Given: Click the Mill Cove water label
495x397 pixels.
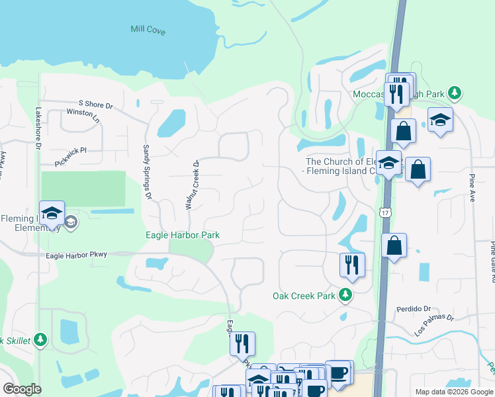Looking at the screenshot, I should click(x=148, y=30).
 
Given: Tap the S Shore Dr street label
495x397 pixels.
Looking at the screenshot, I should click(x=96, y=105).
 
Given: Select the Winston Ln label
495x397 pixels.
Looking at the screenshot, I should click(x=83, y=116).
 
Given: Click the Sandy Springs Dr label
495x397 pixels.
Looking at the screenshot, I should click(x=148, y=172).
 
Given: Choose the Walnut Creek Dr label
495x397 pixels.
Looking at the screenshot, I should click(x=192, y=185).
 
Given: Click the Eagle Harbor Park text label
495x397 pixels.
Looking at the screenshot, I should click(x=183, y=235).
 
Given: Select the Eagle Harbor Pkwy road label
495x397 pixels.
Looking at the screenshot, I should click(x=76, y=255).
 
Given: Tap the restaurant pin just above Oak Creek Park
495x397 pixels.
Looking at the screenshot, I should click(x=352, y=265).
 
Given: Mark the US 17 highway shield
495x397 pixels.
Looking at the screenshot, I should click(x=384, y=212).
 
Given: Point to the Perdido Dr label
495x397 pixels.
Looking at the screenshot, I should click(x=414, y=309).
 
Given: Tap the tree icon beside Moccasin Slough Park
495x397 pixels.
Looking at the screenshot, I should click(x=454, y=94).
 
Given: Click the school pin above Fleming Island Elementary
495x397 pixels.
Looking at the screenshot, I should click(x=52, y=213).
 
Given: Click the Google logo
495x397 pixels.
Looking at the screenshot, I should click(x=22, y=389).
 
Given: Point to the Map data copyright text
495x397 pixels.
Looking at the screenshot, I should click(x=453, y=392).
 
